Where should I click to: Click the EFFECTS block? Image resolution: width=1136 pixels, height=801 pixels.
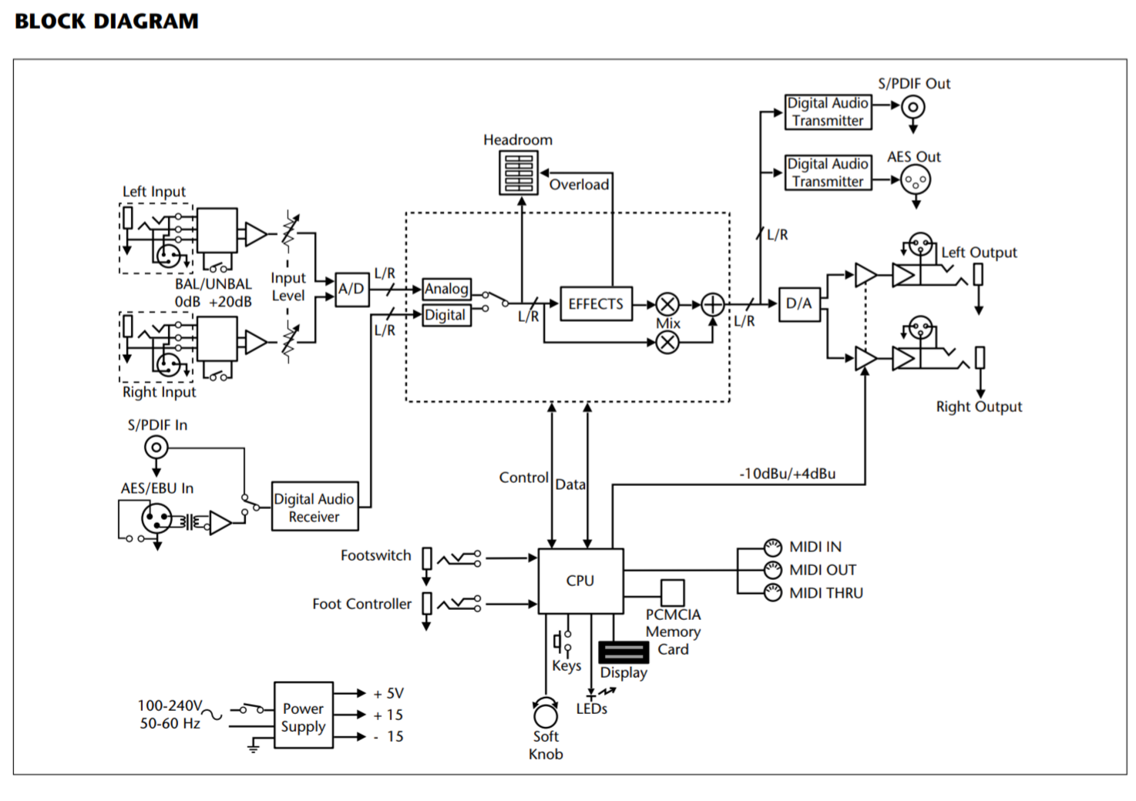click(x=595, y=304)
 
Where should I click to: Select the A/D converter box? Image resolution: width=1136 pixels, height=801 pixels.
click(x=351, y=289)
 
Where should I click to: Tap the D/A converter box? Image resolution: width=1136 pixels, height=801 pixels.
click(x=798, y=303)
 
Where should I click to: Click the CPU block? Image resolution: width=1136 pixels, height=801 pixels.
click(x=580, y=581)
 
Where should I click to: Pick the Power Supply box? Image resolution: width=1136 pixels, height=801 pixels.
click(x=304, y=716)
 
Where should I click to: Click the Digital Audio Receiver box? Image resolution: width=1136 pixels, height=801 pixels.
click(x=314, y=508)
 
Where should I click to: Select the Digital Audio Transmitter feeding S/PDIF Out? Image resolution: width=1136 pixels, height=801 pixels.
click(x=828, y=112)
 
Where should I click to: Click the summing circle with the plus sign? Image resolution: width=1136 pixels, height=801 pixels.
click(x=712, y=304)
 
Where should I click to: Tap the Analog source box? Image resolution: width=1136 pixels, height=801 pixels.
click(x=446, y=289)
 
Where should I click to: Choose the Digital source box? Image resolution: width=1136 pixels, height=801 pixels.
click(x=445, y=315)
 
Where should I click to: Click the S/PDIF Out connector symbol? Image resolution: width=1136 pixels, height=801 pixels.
click(x=913, y=107)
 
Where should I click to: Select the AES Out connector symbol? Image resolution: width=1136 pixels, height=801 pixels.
click(x=916, y=181)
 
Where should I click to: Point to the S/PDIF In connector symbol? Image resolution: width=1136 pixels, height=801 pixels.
click(x=156, y=447)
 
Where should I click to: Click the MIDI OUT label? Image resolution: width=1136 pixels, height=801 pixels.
click(x=822, y=570)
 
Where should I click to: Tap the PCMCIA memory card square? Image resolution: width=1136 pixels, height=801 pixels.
click(x=672, y=592)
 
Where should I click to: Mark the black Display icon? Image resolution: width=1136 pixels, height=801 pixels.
click(x=623, y=652)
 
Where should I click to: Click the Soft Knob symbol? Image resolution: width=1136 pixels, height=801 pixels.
click(x=546, y=712)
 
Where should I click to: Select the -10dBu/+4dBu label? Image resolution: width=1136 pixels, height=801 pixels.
click(x=787, y=474)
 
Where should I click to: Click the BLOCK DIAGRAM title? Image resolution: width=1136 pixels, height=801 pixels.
click(x=106, y=21)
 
